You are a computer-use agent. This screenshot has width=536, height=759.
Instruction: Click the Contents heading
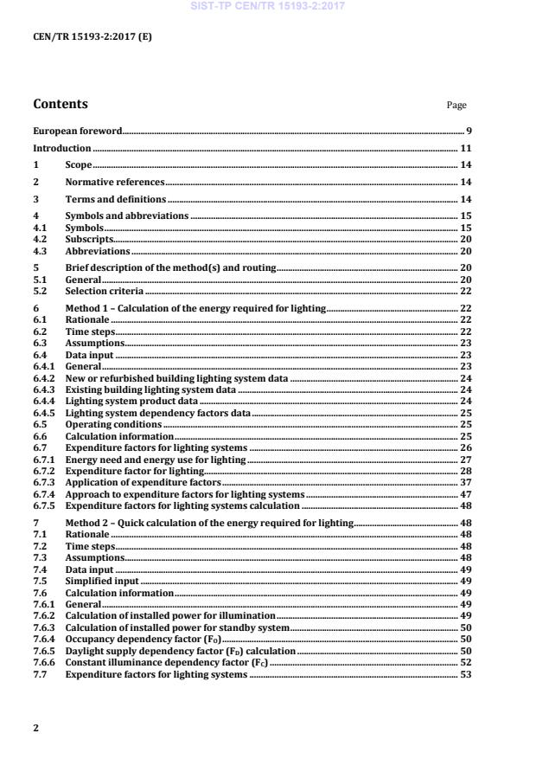pos(61,105)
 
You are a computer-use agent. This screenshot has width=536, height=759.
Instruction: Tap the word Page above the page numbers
pos(456,106)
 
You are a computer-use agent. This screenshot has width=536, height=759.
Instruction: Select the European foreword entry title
pos(77,131)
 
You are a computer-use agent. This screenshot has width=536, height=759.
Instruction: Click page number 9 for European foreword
pos(468,131)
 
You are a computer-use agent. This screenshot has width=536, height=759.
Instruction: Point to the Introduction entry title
pos(62,148)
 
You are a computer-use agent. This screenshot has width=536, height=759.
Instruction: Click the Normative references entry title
pos(115,183)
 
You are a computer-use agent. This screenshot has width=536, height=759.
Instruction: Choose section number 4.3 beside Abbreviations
pos(41,251)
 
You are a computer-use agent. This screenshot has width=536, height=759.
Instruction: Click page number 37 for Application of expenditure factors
pos(465,481)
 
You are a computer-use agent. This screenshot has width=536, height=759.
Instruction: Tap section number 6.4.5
pos(44,414)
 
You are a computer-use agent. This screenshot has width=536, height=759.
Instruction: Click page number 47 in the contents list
pos(465,493)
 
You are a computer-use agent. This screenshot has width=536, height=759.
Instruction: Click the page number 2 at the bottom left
pos(35,728)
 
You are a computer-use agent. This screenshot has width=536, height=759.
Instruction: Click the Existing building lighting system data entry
pos(150,390)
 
